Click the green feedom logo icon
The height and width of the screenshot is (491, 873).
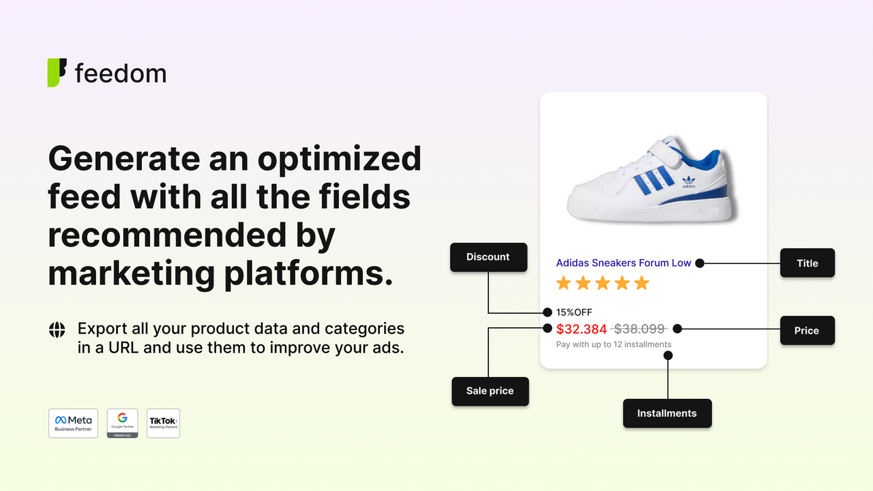pos(57,73)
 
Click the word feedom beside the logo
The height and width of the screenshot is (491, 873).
pos(121,74)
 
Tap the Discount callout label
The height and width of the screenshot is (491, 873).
pos(488,257)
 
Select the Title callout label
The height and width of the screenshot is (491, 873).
pos(807,263)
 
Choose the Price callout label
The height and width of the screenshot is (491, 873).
pos(806,330)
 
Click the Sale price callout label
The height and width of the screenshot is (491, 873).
pos(490,391)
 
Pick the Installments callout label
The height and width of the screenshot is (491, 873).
pos(666,413)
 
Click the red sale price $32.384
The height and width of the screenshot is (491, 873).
pos(581,329)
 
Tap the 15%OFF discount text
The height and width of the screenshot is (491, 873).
pos(574,312)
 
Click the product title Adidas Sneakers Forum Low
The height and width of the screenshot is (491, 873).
pos(623,263)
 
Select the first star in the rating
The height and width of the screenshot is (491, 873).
pos(563,283)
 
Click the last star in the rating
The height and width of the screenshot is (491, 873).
pos(642,283)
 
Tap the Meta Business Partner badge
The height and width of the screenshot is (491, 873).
pos(74,423)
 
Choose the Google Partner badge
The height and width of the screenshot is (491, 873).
pos(123,423)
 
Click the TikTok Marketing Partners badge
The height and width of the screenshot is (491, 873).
pos(163,423)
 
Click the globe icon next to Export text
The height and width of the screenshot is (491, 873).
pos(57,329)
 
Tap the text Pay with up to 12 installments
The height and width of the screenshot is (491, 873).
pos(613,344)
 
